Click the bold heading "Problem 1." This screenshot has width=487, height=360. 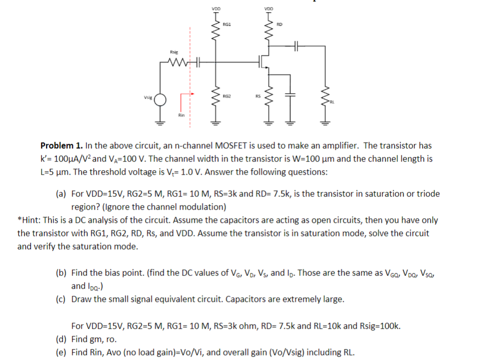click(61, 146)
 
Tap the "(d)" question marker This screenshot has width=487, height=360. click(61, 339)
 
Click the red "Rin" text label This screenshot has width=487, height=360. click(181, 115)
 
